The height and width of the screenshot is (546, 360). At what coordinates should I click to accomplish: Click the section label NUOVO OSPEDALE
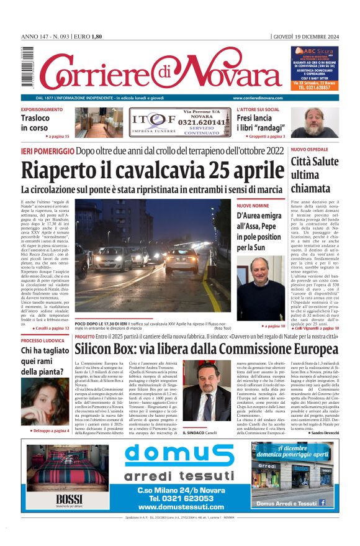310,150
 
